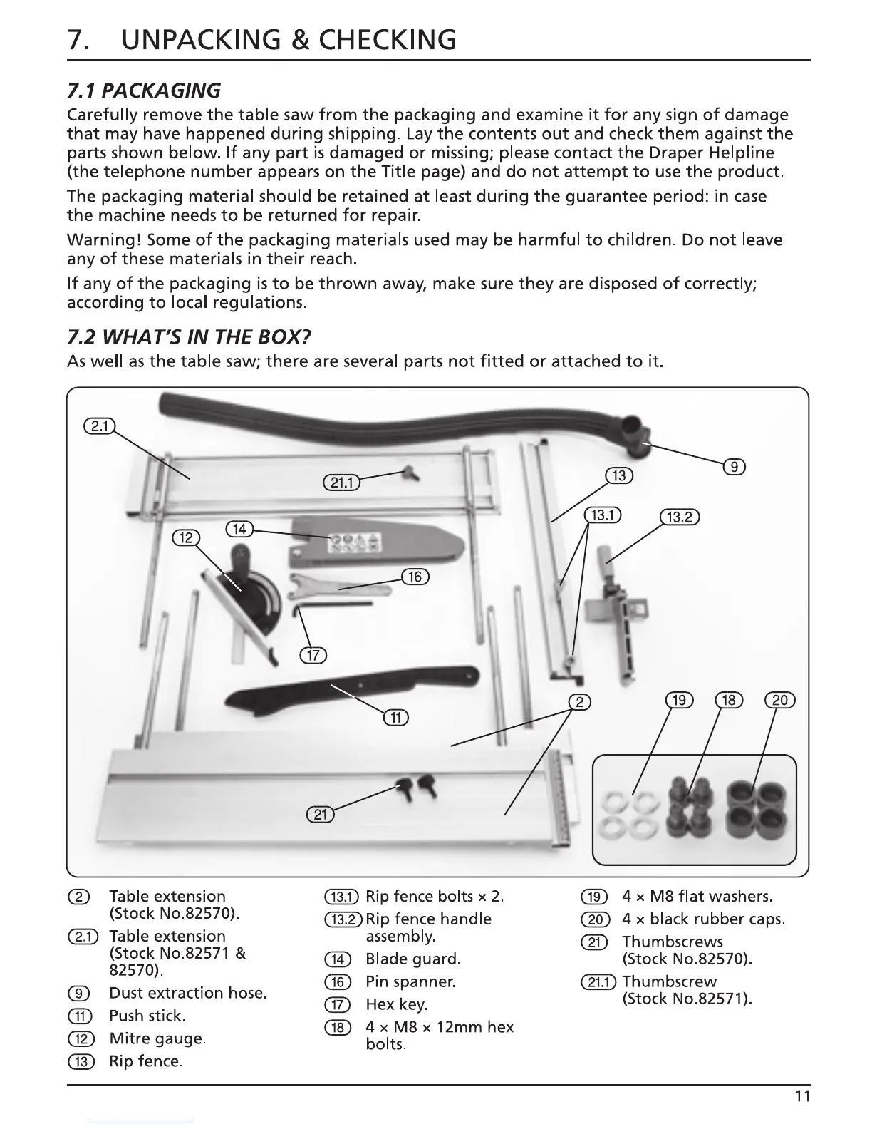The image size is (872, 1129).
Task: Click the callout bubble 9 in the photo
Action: pos(734,468)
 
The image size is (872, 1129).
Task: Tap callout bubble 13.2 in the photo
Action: pos(680,517)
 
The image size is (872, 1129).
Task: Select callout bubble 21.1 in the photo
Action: pos(341,483)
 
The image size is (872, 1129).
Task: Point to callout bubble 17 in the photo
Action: pos(312,656)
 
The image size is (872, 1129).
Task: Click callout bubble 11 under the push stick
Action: pos(395,717)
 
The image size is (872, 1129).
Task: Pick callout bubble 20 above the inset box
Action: pos(779,700)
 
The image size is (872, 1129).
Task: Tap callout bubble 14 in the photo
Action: pos(239,529)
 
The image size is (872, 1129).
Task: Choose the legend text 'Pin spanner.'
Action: pos(410,981)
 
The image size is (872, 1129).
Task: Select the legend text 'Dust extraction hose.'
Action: pos(188,993)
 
